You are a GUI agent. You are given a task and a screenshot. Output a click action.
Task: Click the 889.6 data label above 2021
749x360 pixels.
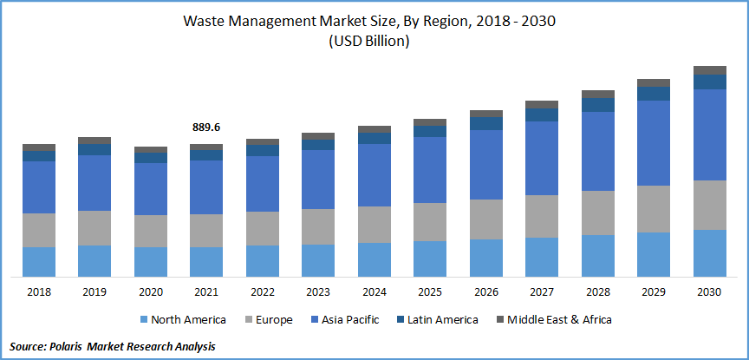pyautogui.click(x=206, y=128)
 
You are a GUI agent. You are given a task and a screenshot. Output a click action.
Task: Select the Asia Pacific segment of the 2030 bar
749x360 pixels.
pyautogui.click(x=710, y=134)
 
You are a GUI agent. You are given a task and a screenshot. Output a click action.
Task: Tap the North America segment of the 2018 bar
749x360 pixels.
pyautogui.click(x=39, y=261)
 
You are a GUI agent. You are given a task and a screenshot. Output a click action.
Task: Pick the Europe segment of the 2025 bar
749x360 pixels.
pyautogui.click(x=430, y=222)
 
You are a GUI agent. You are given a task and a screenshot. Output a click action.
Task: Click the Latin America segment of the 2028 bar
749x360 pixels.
pyautogui.click(x=598, y=105)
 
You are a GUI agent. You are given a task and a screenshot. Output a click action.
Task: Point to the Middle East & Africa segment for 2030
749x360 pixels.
pyautogui.click(x=710, y=70)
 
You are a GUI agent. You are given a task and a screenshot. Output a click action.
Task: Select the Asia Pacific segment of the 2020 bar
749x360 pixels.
pyautogui.click(x=151, y=188)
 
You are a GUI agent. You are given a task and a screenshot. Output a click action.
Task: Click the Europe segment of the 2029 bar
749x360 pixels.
pyautogui.click(x=654, y=208)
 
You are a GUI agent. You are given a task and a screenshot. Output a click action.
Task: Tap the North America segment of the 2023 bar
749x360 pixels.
pyautogui.click(x=318, y=260)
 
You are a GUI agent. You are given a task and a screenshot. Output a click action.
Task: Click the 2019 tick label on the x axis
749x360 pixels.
pyautogui.click(x=94, y=292)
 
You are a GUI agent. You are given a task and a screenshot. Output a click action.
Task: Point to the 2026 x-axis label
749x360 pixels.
pyautogui.click(x=486, y=292)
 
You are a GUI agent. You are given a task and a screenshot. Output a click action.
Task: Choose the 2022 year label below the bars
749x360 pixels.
pyautogui.click(x=263, y=292)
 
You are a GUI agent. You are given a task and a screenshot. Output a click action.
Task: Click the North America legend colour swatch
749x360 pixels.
pyautogui.click(x=143, y=320)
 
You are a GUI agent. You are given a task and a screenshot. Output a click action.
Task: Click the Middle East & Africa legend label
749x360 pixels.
pyautogui.click(x=559, y=320)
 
